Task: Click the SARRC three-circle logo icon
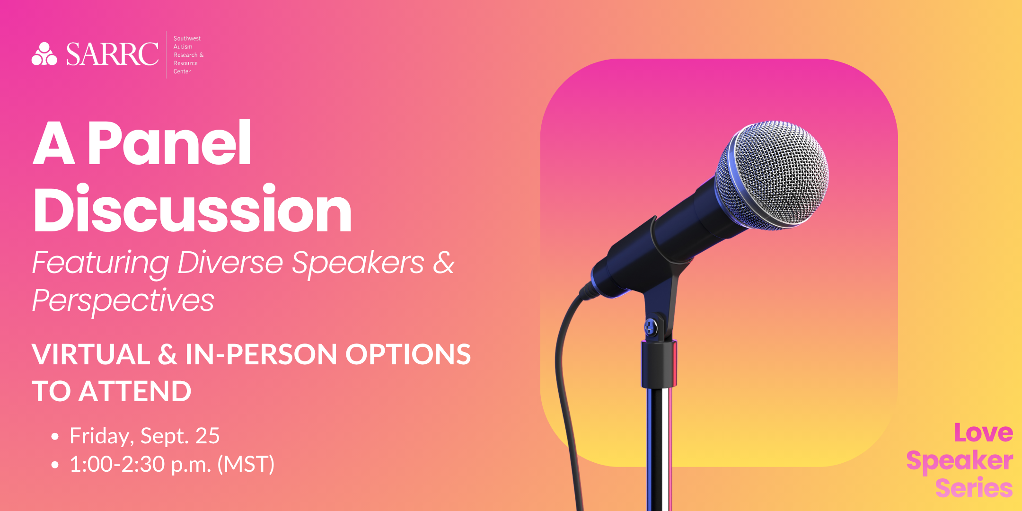point(44,54)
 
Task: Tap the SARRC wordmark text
point(112,54)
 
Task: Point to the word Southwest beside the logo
point(187,38)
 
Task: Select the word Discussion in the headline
point(193,209)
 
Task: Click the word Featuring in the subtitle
point(100,263)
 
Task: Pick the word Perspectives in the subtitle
point(123,301)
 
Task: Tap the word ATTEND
point(135,391)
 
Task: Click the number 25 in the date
point(208,436)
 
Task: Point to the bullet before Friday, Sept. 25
point(55,437)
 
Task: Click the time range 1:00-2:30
point(117,464)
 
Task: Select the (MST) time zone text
point(246,464)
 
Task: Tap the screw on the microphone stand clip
point(651,326)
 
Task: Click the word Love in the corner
point(983,433)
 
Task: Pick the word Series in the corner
point(974,488)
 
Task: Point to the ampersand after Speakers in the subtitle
point(443,263)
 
